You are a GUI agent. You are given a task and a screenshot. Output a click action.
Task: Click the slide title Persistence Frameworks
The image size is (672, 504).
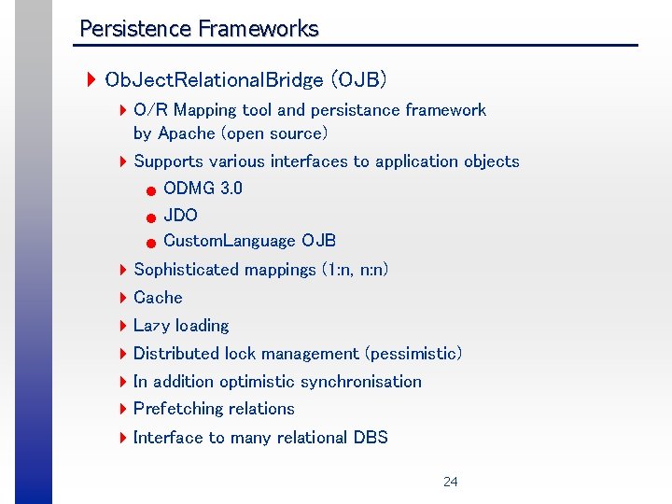199,29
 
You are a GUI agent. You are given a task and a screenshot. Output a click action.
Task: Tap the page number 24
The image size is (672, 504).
450,482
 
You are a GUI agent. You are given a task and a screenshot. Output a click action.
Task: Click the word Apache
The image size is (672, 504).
187,133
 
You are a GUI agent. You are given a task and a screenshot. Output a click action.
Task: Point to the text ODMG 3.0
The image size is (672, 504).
203,188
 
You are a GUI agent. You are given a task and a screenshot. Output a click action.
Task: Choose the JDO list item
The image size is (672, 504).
180,215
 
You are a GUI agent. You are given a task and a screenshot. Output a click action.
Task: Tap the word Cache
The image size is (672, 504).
158,298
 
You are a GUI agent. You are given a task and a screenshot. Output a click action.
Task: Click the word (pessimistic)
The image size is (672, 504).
413,354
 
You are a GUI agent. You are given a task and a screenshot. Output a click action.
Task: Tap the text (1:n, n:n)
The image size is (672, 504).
355,270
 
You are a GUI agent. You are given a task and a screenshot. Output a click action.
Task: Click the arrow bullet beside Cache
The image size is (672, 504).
123,298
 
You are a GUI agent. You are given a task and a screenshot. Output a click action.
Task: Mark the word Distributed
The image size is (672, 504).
176,354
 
